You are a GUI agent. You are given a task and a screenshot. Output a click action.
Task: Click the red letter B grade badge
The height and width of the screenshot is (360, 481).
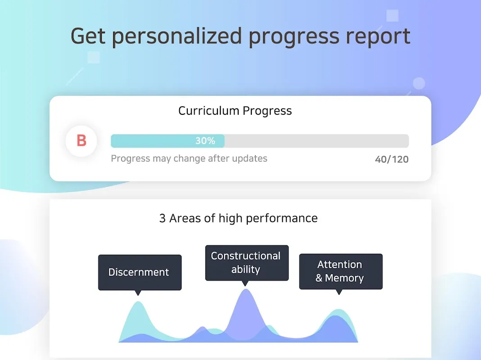point(81,141)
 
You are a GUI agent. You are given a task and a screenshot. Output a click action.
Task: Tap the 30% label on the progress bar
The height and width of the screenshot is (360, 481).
point(205,141)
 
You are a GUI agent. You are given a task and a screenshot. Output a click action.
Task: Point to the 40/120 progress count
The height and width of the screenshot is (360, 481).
point(392,159)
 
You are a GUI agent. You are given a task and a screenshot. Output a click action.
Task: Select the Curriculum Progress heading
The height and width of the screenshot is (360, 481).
point(235,111)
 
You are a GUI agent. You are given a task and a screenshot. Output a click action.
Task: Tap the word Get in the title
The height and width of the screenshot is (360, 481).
point(88,36)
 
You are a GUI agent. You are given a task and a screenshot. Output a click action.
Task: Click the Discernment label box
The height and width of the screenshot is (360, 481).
point(140,272)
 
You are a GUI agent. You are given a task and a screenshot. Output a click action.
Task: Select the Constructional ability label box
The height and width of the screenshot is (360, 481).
point(247,263)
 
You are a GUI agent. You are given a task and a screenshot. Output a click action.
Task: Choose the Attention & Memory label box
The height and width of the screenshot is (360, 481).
point(341,271)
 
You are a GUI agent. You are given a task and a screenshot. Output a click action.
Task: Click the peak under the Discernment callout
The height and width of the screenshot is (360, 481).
point(138,302)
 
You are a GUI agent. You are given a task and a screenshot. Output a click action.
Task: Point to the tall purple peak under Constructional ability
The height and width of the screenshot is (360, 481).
point(246,290)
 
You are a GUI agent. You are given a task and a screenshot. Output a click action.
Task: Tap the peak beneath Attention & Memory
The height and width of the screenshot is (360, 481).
point(339,310)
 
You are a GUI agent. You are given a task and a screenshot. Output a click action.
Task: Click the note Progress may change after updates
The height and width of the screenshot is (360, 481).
point(189,158)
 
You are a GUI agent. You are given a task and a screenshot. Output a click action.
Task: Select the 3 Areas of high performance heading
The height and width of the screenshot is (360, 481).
point(238,218)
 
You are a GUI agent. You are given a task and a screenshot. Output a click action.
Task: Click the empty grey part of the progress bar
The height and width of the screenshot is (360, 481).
point(317,141)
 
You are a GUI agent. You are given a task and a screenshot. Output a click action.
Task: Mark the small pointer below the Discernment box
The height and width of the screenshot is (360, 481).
point(138,293)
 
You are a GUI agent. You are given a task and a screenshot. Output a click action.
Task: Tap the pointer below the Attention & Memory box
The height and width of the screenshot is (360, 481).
point(339,292)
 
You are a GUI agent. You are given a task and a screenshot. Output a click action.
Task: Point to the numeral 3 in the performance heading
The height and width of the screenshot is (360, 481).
point(162,218)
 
